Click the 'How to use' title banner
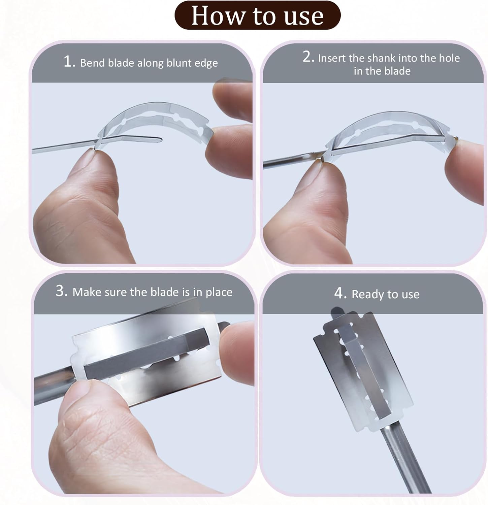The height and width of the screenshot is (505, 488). [x=258, y=15]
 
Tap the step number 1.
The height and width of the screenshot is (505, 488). [x=68, y=62]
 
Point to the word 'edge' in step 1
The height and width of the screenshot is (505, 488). [x=206, y=64]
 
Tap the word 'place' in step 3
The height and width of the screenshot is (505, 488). [x=219, y=293]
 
